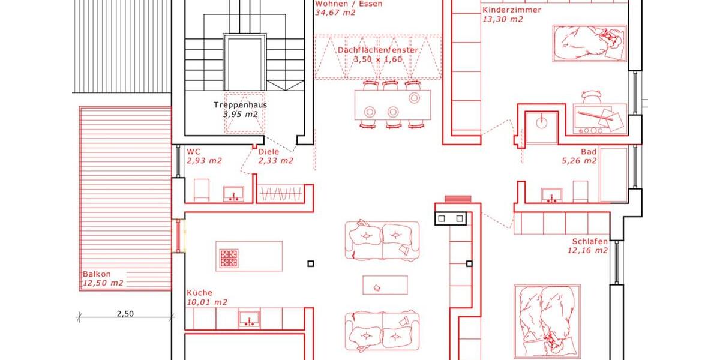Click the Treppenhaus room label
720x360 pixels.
coord(240,104)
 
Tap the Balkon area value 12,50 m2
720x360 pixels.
coord(103,283)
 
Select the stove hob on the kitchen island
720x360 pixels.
coord(229,257)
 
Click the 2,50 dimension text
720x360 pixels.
coord(125,313)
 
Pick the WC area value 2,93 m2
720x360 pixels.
coord(204,161)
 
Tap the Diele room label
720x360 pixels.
coord(268,152)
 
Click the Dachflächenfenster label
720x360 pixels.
coord(377,50)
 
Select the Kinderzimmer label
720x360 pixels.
coord(511,10)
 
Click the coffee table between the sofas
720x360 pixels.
coord(385,285)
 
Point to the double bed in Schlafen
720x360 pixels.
coord(547,320)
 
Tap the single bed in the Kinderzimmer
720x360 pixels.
coord(589,43)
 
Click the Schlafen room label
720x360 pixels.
coord(589,242)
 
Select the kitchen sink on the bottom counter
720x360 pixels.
coord(249,319)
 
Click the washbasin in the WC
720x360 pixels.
coord(233,193)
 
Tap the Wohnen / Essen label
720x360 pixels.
coord(349,4)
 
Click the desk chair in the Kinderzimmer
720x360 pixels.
coord(592,96)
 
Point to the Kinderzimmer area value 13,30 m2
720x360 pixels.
coord(503,19)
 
